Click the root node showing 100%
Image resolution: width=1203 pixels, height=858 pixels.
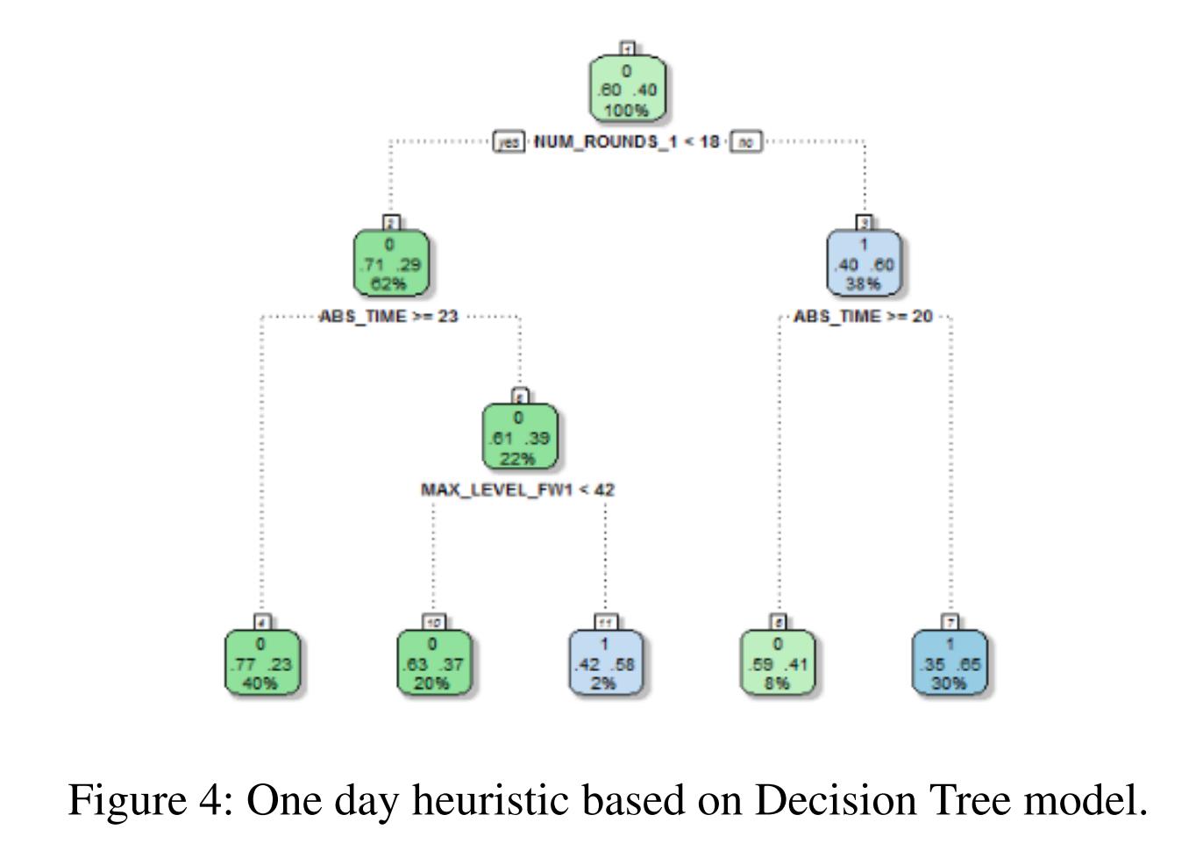627,89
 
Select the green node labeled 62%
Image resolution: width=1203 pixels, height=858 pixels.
390,263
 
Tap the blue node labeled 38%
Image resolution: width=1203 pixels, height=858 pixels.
864,263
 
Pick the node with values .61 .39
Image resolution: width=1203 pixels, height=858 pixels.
519,437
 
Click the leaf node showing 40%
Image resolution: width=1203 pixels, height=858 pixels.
260,663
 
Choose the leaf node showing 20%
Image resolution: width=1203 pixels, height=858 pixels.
432,663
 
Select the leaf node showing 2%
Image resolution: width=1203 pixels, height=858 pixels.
604,663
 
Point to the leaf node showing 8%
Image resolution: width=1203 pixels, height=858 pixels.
778,663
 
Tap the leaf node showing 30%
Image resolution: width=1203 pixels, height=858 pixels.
950,663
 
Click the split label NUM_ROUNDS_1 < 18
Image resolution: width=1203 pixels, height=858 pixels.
627,141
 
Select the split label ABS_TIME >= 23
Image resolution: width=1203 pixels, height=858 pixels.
388,316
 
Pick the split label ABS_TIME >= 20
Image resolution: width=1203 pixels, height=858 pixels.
863,316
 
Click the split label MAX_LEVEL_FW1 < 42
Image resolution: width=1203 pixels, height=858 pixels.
517,490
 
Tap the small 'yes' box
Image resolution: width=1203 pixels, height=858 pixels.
509,142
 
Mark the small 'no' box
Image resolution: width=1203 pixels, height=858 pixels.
745,142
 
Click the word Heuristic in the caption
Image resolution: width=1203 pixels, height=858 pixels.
495,800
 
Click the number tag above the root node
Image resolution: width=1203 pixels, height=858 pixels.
627,47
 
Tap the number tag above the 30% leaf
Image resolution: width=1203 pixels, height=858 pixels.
950,622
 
